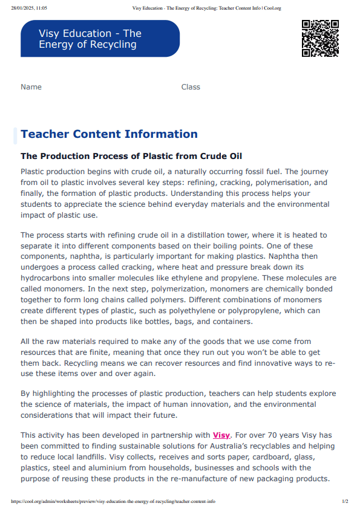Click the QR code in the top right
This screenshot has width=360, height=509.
tap(320, 39)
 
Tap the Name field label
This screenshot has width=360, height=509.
tap(31, 87)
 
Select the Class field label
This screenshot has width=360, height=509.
tap(191, 87)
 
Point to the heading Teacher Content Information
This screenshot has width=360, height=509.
tap(109, 134)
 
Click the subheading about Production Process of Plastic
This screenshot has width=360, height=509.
tap(131, 156)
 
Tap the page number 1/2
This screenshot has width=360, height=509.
tap(345, 501)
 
